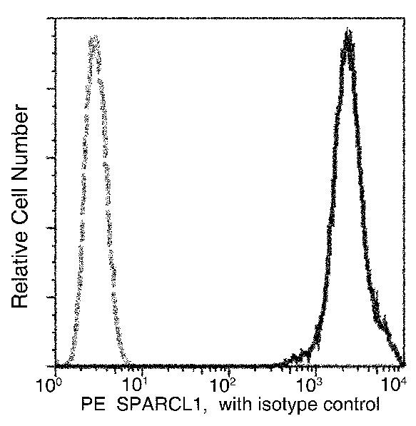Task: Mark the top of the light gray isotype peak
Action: (94, 37)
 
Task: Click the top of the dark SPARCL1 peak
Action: (347, 32)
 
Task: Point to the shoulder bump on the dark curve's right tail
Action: (385, 328)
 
